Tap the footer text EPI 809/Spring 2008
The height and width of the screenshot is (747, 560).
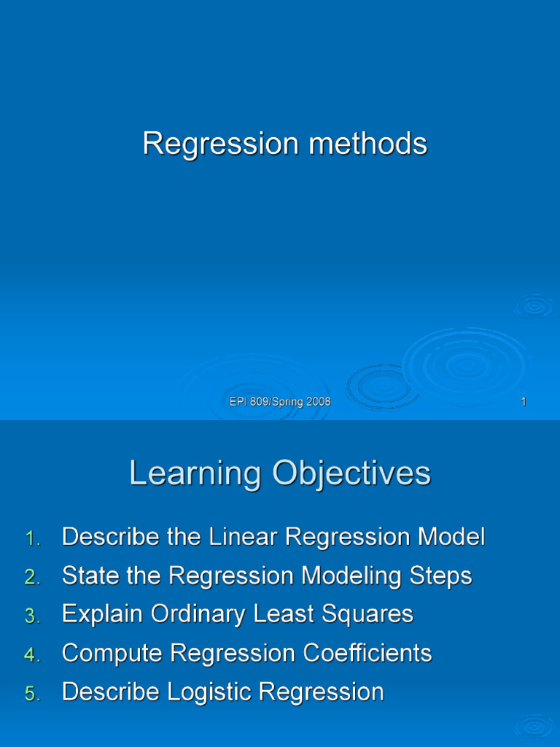(x=280, y=402)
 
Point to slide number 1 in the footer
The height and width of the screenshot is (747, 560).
(x=524, y=402)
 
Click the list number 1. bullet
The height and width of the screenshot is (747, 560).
(x=33, y=539)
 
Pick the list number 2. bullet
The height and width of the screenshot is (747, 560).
(x=33, y=578)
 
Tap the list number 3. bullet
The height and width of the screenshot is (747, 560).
(x=33, y=616)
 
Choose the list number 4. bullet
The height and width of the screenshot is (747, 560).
(x=33, y=655)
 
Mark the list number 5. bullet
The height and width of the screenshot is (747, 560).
(x=33, y=694)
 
